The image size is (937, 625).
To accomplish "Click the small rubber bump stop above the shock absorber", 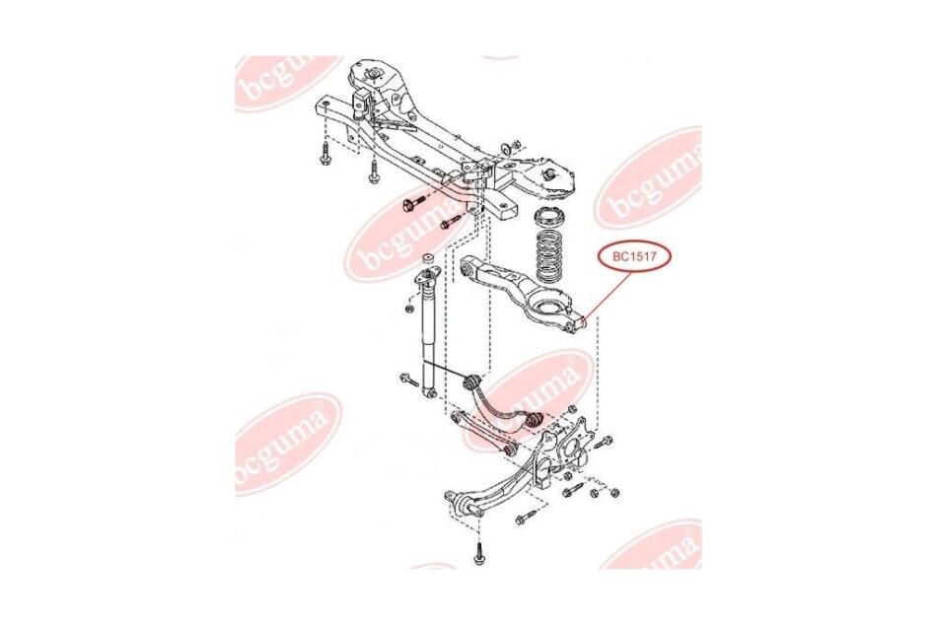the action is pos(428,259).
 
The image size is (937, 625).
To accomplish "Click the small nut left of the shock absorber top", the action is pos(409,310).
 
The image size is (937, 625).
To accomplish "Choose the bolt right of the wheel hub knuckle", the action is pos(604,442).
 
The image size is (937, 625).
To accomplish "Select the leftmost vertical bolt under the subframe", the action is pos(325,155).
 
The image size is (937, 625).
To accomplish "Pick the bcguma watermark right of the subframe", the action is pos(649,178).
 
